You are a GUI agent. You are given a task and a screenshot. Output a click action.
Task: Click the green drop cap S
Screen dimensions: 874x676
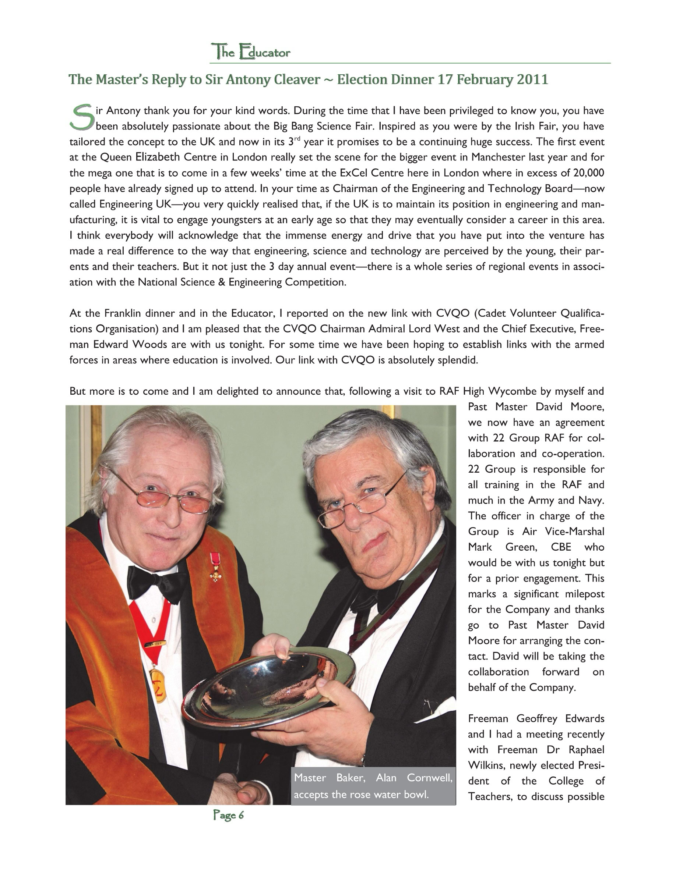coord(82,117)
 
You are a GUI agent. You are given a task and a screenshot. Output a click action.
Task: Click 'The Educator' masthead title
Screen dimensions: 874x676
coord(251,52)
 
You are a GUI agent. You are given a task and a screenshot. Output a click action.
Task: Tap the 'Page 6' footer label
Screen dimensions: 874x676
coord(228,815)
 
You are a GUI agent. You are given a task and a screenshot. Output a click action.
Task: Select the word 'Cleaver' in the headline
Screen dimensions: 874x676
coord(297,79)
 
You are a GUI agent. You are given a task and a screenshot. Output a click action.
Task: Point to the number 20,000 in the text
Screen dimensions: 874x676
coord(588,173)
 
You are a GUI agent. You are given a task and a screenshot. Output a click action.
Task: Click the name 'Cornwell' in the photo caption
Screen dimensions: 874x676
coord(429,778)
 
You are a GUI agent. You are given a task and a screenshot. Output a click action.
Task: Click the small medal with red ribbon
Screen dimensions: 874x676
coord(216,566)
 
